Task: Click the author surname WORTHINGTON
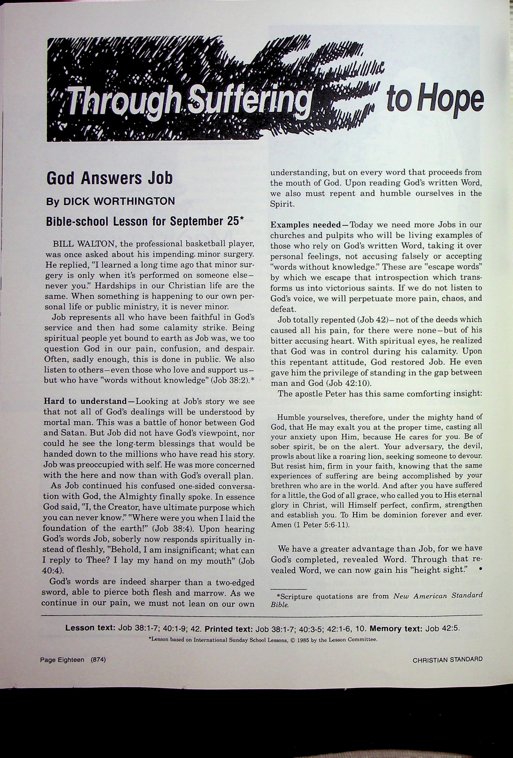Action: pyautogui.click(x=119, y=201)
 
